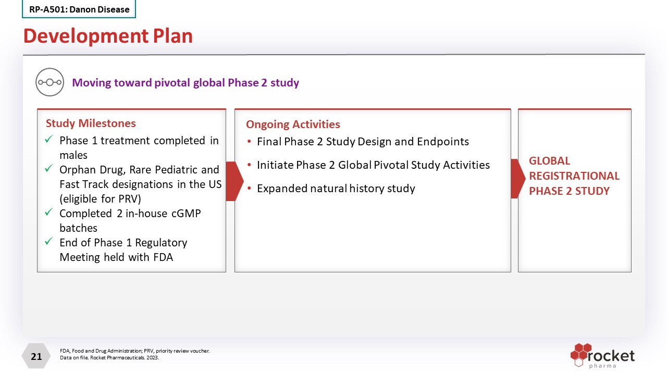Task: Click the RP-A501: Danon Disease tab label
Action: [x=79, y=9]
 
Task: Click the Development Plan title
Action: [x=108, y=36]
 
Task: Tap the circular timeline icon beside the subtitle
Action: [x=50, y=82]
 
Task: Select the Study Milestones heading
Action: [x=91, y=123]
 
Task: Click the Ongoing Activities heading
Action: [x=293, y=124]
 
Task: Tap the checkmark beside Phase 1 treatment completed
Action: [x=49, y=139]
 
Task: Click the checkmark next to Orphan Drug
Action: [x=49, y=168]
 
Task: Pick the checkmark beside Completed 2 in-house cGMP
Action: [x=49, y=212]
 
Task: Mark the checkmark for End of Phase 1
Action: [x=49, y=241]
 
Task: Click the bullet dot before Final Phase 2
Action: [x=249, y=141]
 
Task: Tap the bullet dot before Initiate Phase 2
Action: [x=249, y=165]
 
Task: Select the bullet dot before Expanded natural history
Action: [x=249, y=188]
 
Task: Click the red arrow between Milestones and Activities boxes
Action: [x=234, y=181]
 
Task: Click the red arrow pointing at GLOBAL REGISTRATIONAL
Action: [x=518, y=179]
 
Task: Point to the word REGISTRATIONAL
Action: [x=574, y=176]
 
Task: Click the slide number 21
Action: [x=36, y=357]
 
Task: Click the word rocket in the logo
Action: [x=611, y=356]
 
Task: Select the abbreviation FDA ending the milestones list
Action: [x=163, y=257]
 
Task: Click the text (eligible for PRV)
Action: [x=101, y=199]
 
